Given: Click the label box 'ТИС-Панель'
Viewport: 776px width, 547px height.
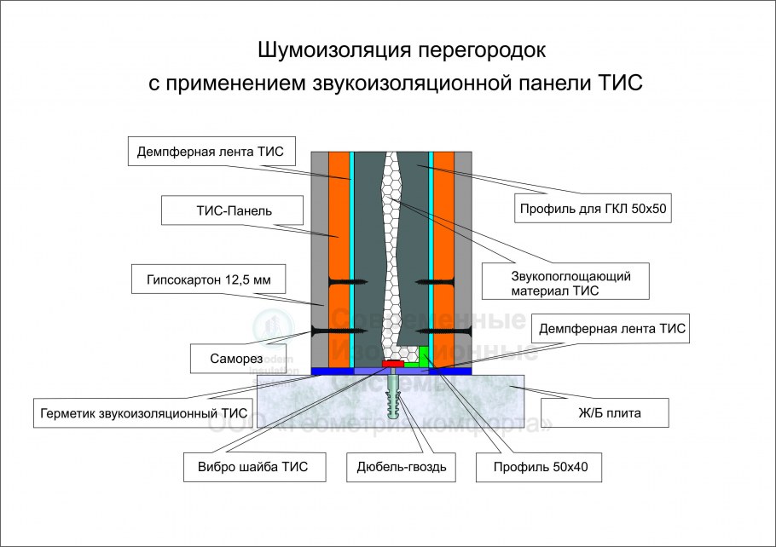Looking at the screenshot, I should coord(218,210).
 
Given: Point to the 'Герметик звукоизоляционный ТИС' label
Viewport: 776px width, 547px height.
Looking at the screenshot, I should coord(143,413).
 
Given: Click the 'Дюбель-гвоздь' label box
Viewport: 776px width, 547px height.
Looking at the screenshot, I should coord(402,466).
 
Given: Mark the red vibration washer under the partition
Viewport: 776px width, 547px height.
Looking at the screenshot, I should coord(393,365).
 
